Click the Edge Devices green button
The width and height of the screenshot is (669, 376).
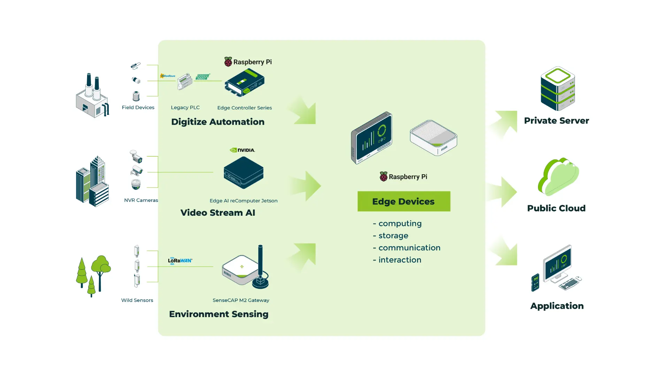tap(403, 201)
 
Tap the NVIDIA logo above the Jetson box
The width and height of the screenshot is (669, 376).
tap(243, 150)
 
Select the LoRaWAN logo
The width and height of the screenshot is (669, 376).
tap(180, 260)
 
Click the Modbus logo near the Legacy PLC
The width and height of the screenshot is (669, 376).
tap(168, 76)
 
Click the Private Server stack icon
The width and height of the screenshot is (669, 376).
tap(557, 89)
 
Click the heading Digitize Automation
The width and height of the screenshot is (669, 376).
tap(218, 122)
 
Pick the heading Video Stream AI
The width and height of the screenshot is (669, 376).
tap(218, 213)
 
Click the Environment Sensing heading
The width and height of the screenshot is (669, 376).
tap(218, 314)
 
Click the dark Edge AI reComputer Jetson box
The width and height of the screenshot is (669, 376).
tap(244, 172)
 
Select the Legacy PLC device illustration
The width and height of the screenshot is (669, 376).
tap(185, 82)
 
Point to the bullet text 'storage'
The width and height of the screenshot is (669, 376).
tap(393, 236)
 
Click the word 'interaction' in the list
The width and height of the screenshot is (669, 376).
tap(400, 260)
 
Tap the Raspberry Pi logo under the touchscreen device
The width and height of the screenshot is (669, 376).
tap(403, 177)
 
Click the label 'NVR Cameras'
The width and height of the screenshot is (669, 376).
tap(141, 200)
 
